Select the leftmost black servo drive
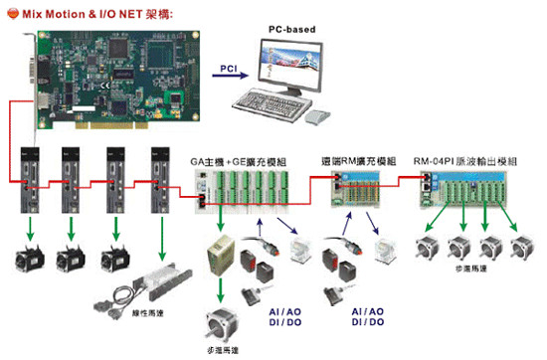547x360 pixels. click(32, 178)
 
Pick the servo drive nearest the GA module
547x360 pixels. click(163, 178)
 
